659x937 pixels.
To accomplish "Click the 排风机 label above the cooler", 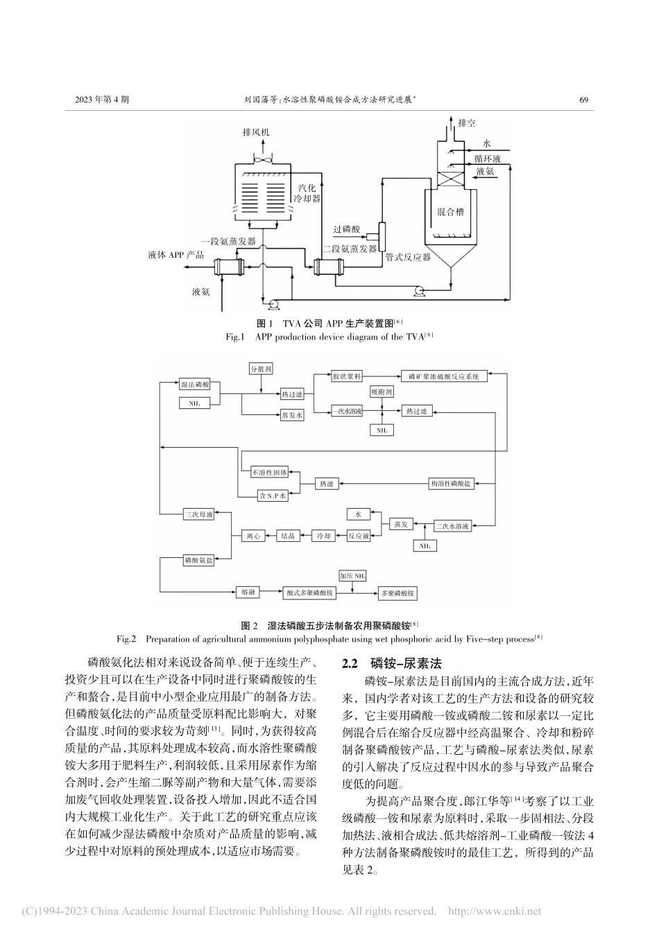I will [256, 132].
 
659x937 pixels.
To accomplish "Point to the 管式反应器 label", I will [407, 257].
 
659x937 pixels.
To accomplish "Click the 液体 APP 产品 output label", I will [176, 255].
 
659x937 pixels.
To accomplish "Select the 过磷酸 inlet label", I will [346, 229].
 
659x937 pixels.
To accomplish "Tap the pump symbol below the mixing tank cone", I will [419, 291].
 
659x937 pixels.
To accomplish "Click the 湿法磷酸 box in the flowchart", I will [194, 384].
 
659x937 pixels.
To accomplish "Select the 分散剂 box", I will [261, 369].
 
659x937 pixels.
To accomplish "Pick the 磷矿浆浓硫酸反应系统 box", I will [444, 376].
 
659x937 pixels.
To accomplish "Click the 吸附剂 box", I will [382, 392].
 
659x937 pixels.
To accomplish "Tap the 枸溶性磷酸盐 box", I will [451, 483].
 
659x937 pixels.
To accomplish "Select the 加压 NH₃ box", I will [352, 576].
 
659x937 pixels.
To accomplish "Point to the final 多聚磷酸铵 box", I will [397, 593].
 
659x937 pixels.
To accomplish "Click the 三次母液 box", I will [198, 514].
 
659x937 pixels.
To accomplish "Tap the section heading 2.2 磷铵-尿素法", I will [397, 663].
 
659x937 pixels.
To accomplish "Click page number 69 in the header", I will [583, 100].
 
